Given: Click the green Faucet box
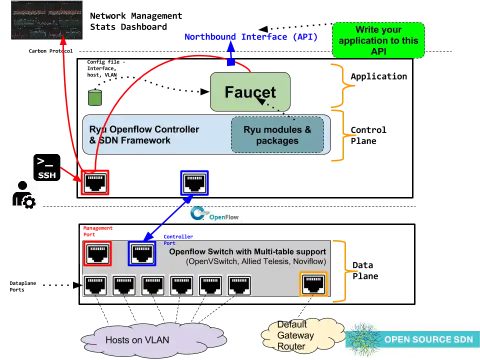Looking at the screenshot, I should [250, 91].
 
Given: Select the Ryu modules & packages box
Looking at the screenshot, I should [277, 135].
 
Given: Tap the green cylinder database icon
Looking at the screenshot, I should [95, 97].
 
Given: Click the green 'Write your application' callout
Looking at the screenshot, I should [378, 40].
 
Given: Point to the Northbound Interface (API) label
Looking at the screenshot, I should [251, 36].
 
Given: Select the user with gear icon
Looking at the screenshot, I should [23, 195].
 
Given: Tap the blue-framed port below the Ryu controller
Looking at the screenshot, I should [194, 182].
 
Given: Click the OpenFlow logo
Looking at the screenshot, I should [214, 212].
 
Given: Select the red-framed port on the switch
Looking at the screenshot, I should [97, 253].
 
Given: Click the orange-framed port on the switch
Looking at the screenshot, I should [313, 284].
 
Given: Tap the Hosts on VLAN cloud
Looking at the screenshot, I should [136, 340].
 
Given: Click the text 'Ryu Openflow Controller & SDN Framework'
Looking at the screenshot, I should [144, 135].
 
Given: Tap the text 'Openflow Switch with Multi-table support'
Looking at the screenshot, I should [247, 251].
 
